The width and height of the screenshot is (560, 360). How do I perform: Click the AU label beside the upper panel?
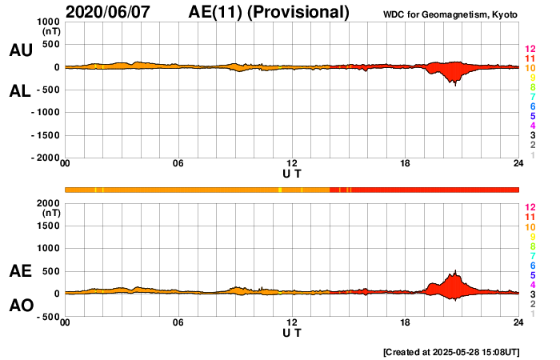click(20, 50)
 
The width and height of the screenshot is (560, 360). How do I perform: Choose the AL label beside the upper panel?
click(20, 90)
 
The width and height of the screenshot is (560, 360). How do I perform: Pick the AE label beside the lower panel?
click(20, 272)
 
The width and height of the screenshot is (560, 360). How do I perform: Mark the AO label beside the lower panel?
click(20, 306)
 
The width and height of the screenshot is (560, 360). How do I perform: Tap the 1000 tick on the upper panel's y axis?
click(49, 22)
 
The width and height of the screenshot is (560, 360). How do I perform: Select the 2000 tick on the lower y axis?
click(49, 203)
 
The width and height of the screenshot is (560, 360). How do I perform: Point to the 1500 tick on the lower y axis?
click(49, 226)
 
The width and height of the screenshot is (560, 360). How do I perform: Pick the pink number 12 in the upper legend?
click(530, 50)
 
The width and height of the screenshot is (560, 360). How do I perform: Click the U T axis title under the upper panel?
click(292, 173)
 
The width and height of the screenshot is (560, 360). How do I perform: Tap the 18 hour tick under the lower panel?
click(406, 322)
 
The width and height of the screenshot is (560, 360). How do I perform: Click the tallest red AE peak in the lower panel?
click(455, 272)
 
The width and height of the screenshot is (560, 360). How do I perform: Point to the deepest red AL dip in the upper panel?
click(455, 84)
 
